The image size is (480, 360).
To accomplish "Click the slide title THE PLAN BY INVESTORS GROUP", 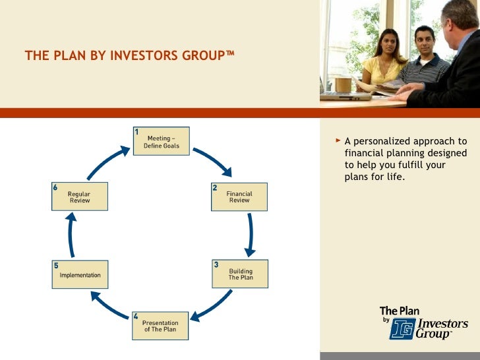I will click(x=129, y=56).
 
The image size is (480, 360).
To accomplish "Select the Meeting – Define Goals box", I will click(x=162, y=142).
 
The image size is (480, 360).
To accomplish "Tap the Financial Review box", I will click(x=239, y=196).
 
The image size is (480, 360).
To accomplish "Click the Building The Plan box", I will click(x=240, y=274).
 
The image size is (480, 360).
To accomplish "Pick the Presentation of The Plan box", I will click(x=160, y=326).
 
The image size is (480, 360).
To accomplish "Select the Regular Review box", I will click(x=80, y=196).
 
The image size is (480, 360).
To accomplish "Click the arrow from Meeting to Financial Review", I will click(x=212, y=162).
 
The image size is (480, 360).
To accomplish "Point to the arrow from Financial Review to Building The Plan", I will click(x=249, y=235).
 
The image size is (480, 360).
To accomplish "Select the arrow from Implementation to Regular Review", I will click(x=71, y=235).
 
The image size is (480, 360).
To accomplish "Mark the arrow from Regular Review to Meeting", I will click(x=108, y=162).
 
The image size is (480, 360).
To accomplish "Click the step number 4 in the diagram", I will click(x=136, y=316).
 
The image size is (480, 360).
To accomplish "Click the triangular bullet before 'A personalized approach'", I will click(x=338, y=140).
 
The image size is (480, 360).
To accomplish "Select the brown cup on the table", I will click(x=343, y=84).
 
